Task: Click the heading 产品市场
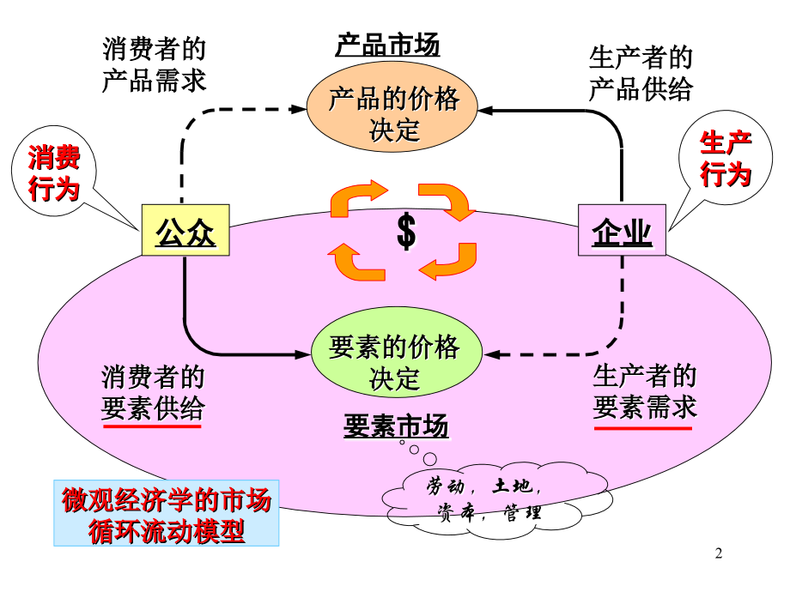(387, 45)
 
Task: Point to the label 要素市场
(396, 426)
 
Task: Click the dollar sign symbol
(406, 233)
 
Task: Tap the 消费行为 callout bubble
(54, 172)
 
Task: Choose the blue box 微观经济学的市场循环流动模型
(167, 514)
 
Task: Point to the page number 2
(720, 554)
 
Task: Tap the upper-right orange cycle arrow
(447, 200)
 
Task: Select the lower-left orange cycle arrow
(356, 263)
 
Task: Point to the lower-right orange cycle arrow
(450, 261)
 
